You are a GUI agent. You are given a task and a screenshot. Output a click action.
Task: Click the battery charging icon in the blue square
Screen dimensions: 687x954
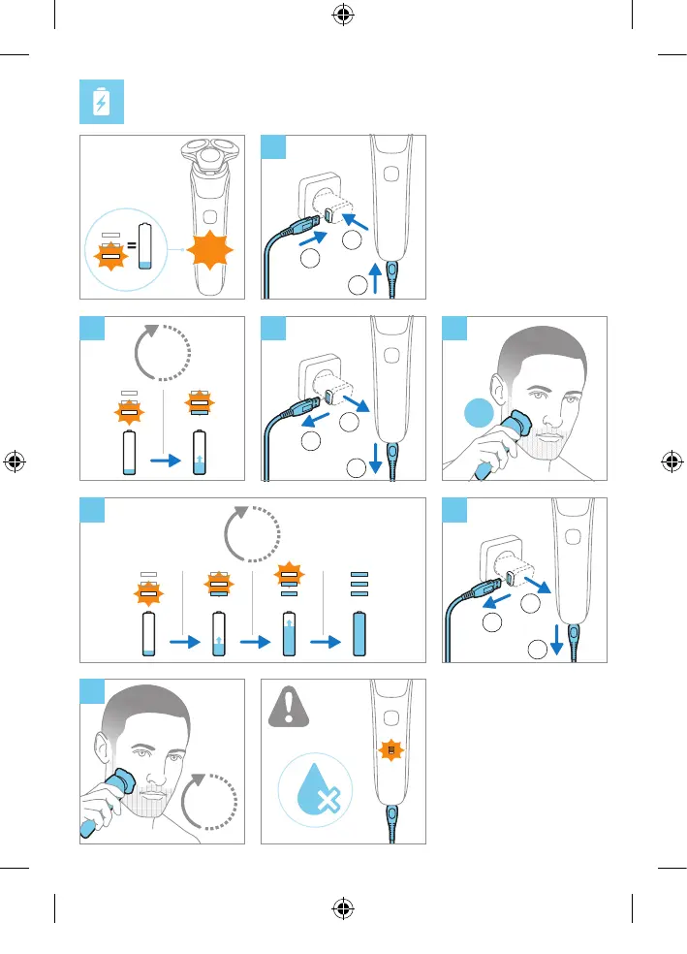coord(101,103)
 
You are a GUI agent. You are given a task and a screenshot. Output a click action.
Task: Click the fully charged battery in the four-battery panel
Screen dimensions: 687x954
coord(359,636)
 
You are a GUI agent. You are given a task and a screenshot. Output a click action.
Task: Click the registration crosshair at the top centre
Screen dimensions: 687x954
coord(343,16)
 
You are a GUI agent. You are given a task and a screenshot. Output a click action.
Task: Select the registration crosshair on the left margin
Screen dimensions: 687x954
coord(16,461)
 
